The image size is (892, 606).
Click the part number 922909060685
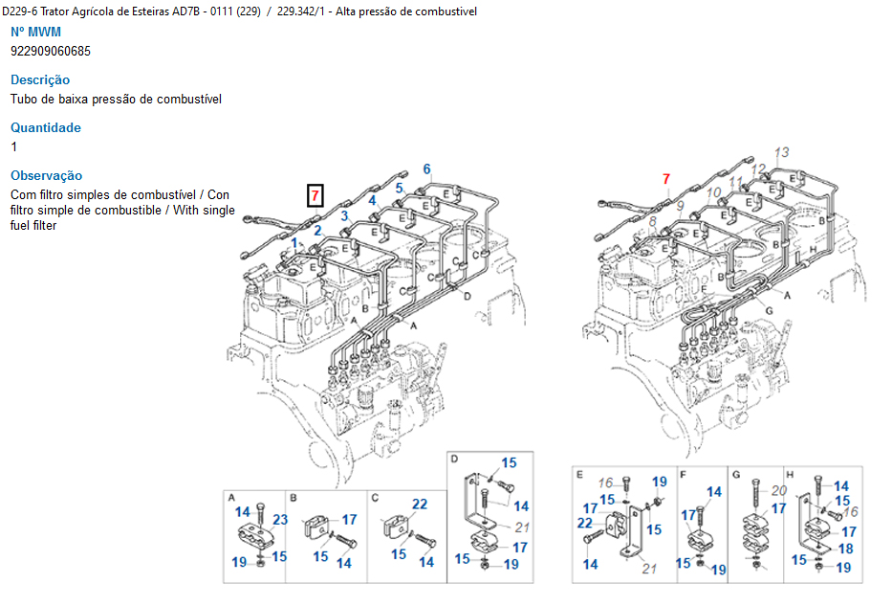coord(51,51)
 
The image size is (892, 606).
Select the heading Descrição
coord(40,79)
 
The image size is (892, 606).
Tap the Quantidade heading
coord(46,127)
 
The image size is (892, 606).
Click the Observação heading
coord(47,175)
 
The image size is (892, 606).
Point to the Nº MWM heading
coord(35,32)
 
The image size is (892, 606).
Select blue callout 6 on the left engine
coord(426,169)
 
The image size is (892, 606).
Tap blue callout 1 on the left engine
coord(294,242)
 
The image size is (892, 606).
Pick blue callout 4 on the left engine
coord(372,200)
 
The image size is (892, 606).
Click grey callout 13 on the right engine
coord(782,152)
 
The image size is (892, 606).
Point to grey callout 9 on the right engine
coord(680,206)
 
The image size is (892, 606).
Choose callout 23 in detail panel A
coord(280,521)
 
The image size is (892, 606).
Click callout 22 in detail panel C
coord(420,505)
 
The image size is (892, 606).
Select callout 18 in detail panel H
coord(844,550)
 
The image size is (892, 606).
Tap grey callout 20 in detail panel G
coord(779,490)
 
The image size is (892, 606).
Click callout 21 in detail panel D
coord(521,527)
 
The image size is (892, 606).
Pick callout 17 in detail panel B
coord(349,520)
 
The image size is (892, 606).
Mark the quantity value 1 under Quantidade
coord(14,146)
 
